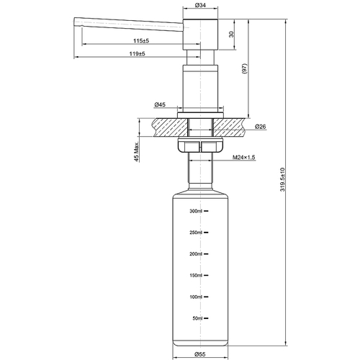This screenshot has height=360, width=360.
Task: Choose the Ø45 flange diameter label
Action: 160,104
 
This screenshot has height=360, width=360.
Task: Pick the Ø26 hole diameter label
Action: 261,127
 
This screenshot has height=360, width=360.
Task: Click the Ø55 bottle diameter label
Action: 199,354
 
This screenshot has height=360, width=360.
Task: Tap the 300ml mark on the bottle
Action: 197,211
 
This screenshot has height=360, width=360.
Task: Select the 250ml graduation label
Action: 197,233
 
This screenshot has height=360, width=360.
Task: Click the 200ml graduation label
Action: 197,254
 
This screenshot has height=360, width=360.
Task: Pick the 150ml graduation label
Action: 197,275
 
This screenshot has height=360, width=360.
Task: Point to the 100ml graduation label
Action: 197,297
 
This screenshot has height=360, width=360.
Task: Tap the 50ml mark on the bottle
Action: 198,318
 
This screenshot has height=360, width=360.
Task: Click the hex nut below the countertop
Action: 200,147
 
